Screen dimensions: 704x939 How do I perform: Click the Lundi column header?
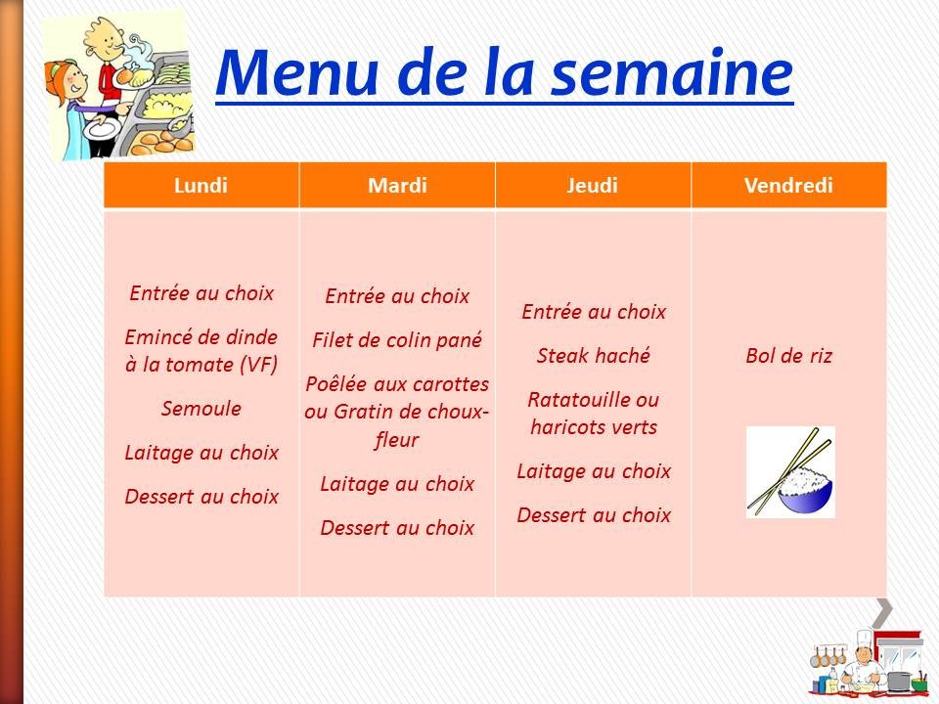point(201,186)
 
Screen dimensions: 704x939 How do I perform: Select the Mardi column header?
point(397,186)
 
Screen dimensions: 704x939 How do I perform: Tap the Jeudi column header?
point(593,186)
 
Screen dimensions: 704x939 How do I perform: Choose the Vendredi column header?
point(788,186)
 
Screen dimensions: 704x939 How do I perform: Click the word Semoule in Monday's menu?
point(201,409)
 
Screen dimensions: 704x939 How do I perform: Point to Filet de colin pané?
point(397,340)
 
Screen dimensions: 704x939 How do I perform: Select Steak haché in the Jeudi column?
point(593,356)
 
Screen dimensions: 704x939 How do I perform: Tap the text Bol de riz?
point(788,356)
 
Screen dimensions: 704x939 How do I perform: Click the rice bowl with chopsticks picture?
point(790,471)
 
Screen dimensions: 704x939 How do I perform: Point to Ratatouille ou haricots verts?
point(593,414)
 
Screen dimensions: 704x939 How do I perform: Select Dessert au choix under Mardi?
point(397,528)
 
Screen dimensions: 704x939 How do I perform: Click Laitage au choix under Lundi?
point(201,453)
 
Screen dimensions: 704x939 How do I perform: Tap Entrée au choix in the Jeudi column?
point(593,312)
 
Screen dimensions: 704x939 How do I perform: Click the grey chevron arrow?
point(882,612)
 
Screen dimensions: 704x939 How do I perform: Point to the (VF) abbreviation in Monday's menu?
point(258,365)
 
